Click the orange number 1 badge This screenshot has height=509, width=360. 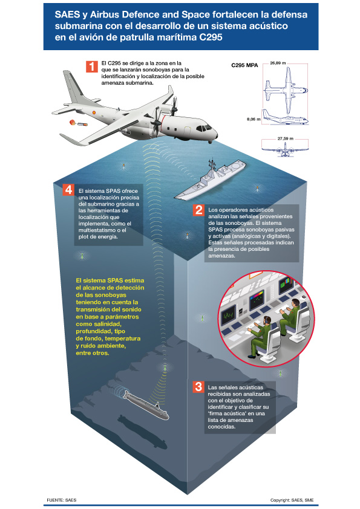tap(92, 66)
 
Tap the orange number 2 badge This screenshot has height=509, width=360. tap(198, 210)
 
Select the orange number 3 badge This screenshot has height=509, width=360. tap(198, 387)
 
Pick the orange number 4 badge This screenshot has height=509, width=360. tap(68, 190)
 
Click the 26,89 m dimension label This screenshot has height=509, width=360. tap(278, 63)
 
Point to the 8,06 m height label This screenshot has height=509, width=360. tap(254, 119)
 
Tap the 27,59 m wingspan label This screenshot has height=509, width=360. tap(285, 138)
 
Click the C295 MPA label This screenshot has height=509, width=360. tap(244, 65)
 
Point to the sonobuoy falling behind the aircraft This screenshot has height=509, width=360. tap(78, 123)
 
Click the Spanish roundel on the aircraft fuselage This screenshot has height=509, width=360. tap(94, 112)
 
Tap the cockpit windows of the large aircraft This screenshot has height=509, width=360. tap(204, 128)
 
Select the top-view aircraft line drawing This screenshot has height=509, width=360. tap(285, 86)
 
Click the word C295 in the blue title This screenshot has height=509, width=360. tap(210, 37)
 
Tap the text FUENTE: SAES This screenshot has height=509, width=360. tap(61, 500)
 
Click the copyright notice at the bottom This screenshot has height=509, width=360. tap(292, 501)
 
